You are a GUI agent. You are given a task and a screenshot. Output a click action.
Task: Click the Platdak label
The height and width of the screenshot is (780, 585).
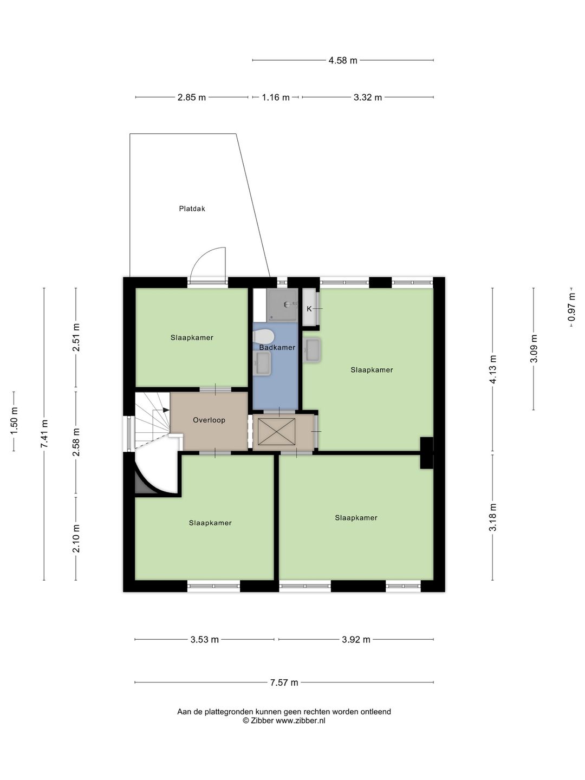pyautogui.click(x=192, y=209)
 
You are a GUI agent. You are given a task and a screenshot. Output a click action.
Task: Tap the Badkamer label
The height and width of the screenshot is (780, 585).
pyautogui.click(x=277, y=348)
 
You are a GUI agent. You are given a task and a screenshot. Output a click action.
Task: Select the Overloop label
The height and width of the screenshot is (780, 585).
pyautogui.click(x=209, y=420)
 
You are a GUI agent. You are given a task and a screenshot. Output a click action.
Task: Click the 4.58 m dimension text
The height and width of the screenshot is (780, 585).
pyautogui.click(x=343, y=61)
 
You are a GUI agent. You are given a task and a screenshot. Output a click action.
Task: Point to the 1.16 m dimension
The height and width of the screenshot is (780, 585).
pyautogui.click(x=276, y=97)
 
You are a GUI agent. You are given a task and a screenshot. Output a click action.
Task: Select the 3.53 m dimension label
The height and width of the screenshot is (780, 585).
pyautogui.click(x=205, y=640)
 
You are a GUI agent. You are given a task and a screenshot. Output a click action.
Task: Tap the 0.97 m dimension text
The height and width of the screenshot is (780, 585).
pyautogui.click(x=571, y=307)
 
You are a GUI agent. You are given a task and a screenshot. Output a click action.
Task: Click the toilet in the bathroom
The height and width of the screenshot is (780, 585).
pyautogui.click(x=263, y=336)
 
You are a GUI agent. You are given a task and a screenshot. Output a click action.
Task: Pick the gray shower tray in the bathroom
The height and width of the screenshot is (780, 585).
pyautogui.click(x=282, y=304)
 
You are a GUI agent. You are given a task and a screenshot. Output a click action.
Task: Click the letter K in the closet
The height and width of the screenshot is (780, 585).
pyautogui.click(x=309, y=309)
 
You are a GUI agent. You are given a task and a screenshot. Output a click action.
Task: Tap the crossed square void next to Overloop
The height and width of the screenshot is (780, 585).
pyautogui.click(x=276, y=431)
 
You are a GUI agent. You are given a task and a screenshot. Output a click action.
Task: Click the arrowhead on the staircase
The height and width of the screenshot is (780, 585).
pyautogui.click(x=166, y=409)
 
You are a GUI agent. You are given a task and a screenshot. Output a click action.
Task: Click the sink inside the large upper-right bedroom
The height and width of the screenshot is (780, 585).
pyautogui.click(x=312, y=350)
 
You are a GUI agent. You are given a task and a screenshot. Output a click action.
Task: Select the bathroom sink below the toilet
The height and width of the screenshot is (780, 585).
pyautogui.click(x=262, y=363)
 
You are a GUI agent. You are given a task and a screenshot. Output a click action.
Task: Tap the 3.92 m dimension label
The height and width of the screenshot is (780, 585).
pyautogui.click(x=356, y=640)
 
